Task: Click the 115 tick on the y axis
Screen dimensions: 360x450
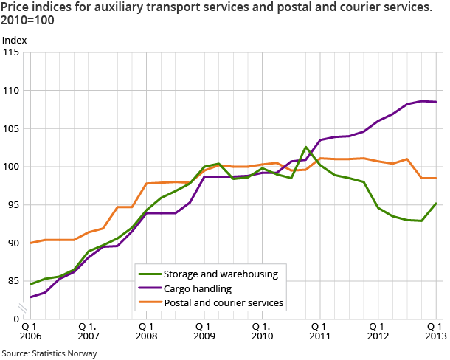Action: [12, 52]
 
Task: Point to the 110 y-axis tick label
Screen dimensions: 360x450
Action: [12, 91]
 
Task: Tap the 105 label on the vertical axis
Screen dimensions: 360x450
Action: [12, 128]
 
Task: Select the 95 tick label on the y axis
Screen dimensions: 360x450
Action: [14, 204]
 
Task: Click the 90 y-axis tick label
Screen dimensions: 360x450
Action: [14, 243]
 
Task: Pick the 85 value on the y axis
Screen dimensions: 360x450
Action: [14, 281]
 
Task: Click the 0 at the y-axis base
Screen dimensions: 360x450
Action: [17, 319]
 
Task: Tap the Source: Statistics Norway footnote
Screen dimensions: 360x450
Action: [49, 353]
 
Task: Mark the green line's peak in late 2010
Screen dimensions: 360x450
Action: [305, 147]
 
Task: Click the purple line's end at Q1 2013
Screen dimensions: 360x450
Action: [435, 102]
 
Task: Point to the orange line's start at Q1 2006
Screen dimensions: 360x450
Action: [30, 243]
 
